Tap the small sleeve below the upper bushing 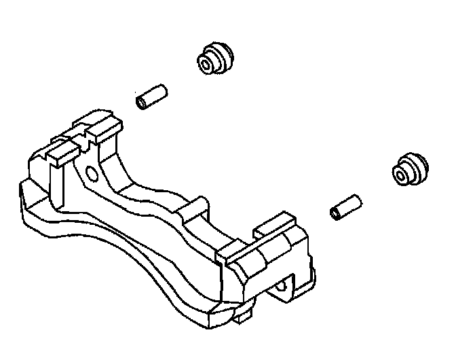(151, 97)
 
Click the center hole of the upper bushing (206, 65)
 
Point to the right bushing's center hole (401, 176)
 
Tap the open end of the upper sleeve (142, 103)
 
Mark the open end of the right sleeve (335, 213)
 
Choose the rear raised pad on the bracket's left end (98, 126)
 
